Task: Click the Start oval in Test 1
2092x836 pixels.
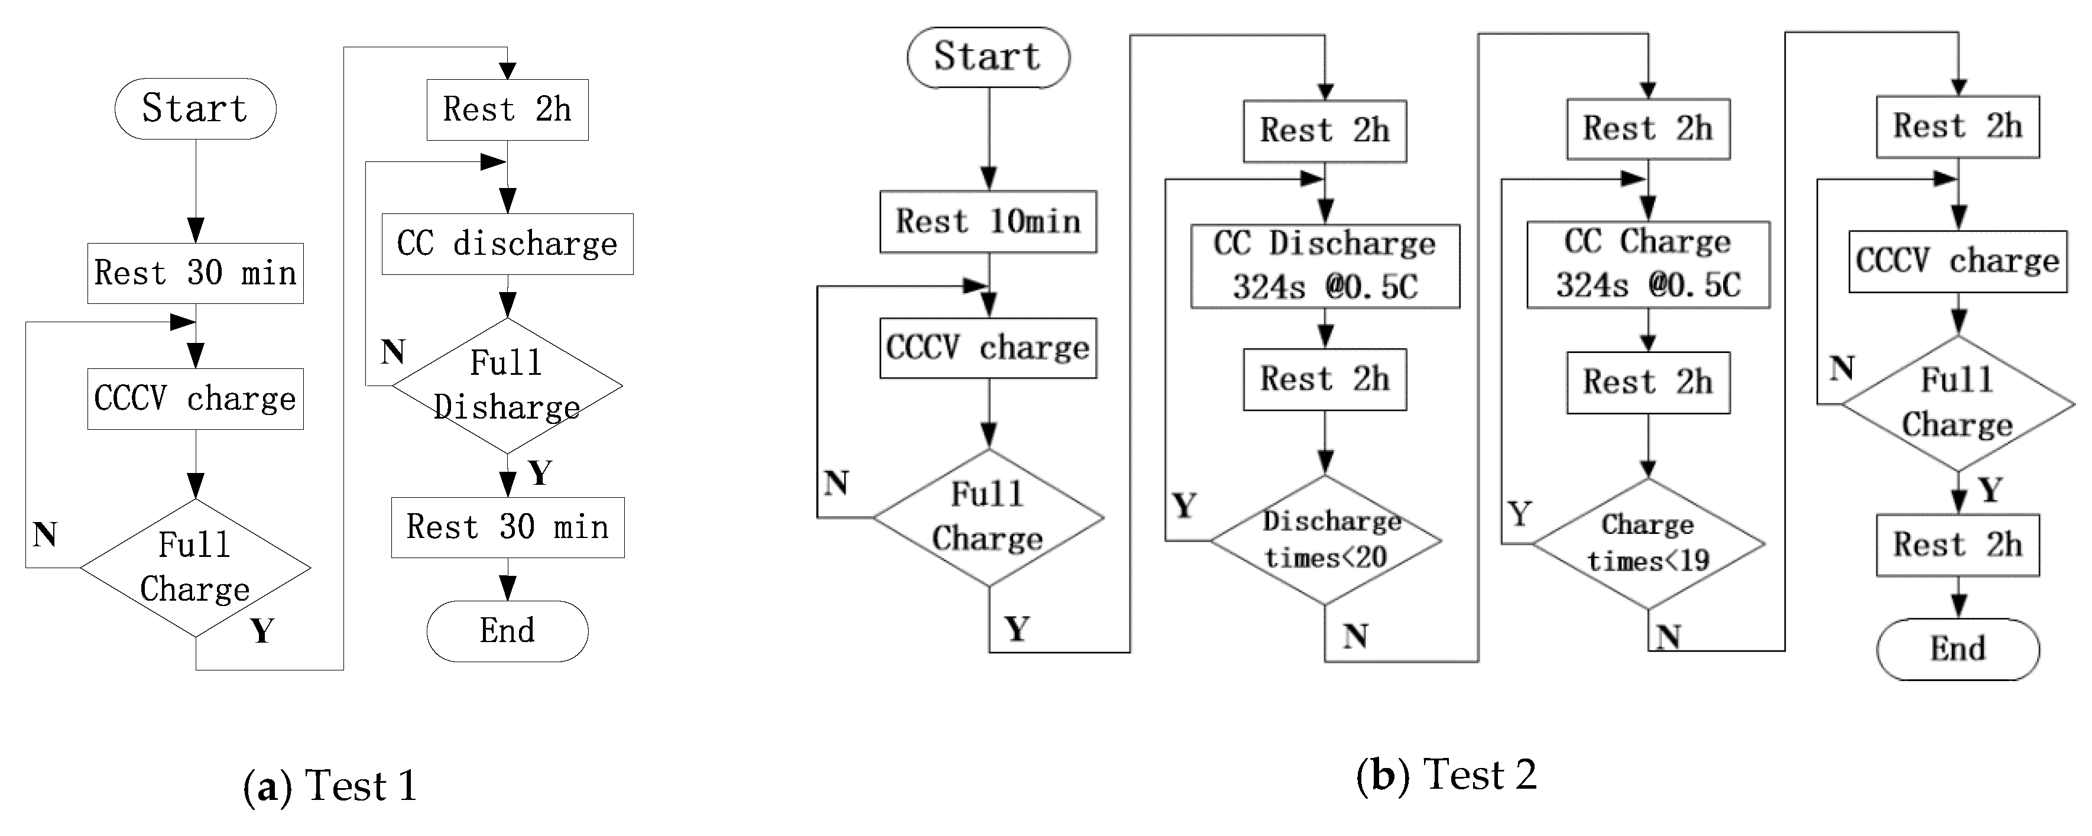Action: click(195, 109)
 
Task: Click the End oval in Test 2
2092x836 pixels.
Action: click(1957, 649)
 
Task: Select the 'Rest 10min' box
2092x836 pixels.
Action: click(988, 221)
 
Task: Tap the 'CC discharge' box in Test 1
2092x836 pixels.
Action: click(507, 244)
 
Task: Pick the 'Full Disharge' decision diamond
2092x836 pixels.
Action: click(507, 385)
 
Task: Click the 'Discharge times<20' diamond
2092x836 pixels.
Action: click(1325, 539)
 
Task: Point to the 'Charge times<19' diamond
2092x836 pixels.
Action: click(1648, 543)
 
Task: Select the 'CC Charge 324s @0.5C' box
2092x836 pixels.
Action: click(1648, 264)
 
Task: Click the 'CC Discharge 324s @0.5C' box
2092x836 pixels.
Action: click(1325, 265)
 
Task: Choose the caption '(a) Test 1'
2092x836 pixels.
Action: click(330, 786)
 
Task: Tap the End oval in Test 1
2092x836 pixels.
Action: click(507, 630)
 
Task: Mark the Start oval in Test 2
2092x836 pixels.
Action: click(988, 57)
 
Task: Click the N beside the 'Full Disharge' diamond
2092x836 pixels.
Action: click(393, 352)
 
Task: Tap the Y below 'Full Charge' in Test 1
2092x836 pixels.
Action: click(261, 630)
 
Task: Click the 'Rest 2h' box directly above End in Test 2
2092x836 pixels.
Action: click(1957, 545)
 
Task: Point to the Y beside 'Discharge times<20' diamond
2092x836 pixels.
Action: click(1184, 506)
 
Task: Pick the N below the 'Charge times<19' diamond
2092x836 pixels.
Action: click(1668, 637)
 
